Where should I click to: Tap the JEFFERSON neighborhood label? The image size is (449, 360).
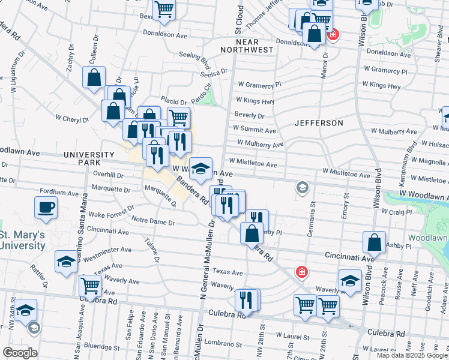(x=319, y=123)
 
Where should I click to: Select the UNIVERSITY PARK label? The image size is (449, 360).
(x=89, y=158)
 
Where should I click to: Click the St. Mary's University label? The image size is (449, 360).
(x=22, y=240)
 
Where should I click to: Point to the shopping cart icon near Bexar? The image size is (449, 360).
(x=163, y=10)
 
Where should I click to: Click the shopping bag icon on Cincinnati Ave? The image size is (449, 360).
(x=374, y=242)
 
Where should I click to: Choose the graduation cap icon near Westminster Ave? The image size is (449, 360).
(x=65, y=261)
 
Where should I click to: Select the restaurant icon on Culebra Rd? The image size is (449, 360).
(x=246, y=299)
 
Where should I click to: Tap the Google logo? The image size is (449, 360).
(x=20, y=353)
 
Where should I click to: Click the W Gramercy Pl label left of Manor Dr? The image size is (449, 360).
(x=259, y=85)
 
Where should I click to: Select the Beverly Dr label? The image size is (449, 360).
(x=249, y=115)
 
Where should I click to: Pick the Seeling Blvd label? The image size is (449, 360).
(x=194, y=58)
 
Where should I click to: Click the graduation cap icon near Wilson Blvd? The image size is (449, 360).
(x=350, y=279)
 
